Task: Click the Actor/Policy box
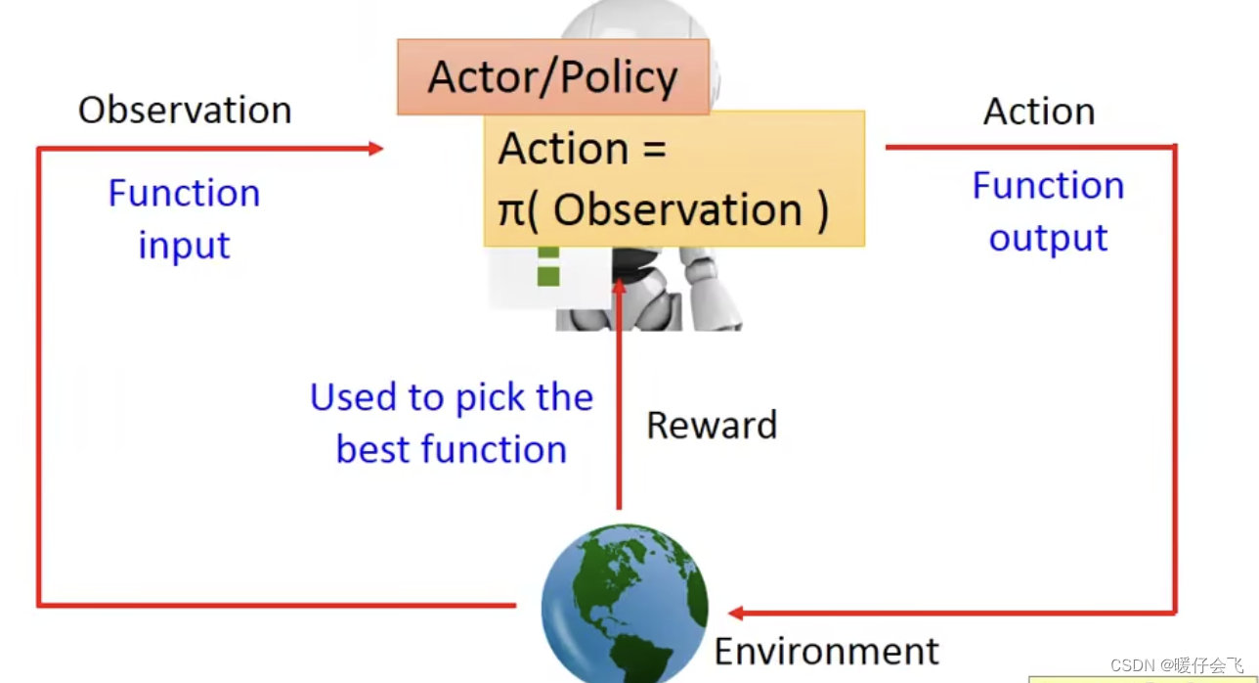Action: click(x=552, y=77)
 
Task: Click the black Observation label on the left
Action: click(x=185, y=111)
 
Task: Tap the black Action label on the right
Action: click(x=1038, y=112)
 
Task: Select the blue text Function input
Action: click(x=184, y=218)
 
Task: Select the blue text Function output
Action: click(x=1048, y=211)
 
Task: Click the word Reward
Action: click(x=712, y=426)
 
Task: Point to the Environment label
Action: click(x=826, y=651)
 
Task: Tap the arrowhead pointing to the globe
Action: click(x=736, y=614)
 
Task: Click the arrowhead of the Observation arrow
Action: click(x=375, y=149)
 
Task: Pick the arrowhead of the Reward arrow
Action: click(x=619, y=285)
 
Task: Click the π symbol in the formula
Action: click(x=511, y=210)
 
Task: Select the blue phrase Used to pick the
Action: click(x=452, y=397)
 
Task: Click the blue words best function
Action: click(x=452, y=449)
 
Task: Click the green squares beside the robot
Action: click(x=548, y=265)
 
